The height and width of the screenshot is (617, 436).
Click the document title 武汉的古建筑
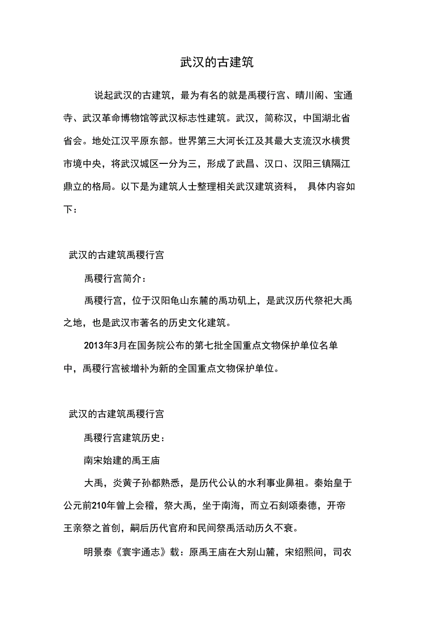(217, 63)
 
